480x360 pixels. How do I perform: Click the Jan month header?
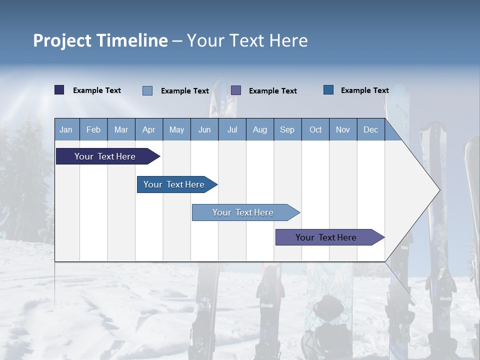tap(66, 129)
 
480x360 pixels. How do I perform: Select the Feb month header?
tap(93, 129)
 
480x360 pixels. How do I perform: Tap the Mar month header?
tap(121, 129)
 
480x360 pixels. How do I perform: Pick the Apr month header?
tap(149, 129)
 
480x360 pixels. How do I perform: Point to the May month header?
tap(176, 129)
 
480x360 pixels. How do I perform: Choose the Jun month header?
tap(204, 129)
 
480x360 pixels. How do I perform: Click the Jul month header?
tap(232, 129)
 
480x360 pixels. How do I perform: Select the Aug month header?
tap(260, 129)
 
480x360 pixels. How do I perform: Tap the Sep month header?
tap(287, 129)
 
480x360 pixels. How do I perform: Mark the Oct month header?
tap(315, 129)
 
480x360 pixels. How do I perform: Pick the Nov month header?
tap(343, 129)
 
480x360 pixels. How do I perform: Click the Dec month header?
tap(371, 129)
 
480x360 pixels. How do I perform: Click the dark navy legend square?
tap(59, 90)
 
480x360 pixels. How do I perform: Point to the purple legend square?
tap(236, 90)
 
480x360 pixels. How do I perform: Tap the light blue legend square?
tap(147, 90)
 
